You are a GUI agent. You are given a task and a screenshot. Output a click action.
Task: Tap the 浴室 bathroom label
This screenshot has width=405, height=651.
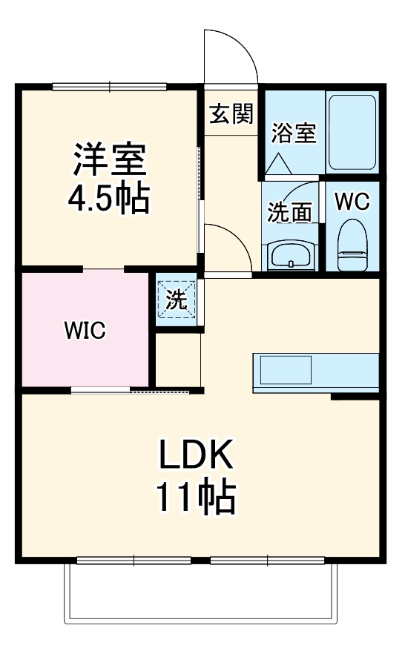coord(294,133)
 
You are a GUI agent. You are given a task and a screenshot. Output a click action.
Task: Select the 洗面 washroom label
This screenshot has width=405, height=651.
coord(289,213)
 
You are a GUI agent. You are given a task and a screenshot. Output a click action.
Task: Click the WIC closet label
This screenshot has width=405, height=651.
coord(84,331)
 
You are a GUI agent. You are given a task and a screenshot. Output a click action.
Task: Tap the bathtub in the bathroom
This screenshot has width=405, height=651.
coord(352,131)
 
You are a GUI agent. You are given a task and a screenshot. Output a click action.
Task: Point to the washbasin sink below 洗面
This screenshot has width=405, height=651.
coord(291,256)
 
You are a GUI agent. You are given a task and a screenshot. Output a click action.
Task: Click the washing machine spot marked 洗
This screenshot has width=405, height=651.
coord(177,300)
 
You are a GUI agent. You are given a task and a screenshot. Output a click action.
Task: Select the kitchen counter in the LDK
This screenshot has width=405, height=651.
coord(316,371)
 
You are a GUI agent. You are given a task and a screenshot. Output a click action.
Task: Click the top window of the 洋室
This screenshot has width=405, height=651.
coord(110,87)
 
